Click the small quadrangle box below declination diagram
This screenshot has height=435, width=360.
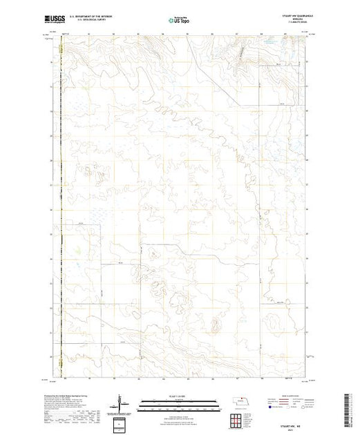(x=122, y=423)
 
